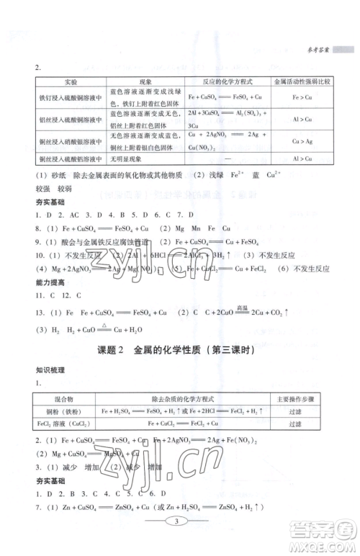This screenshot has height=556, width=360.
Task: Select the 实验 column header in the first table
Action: tap(66, 82)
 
